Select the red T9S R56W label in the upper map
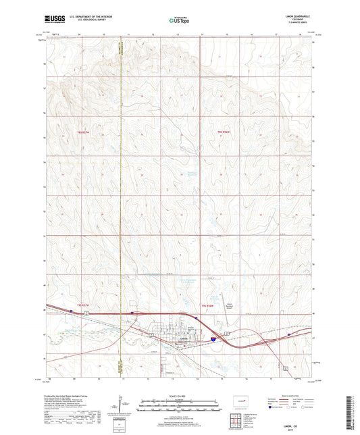[225, 130]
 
